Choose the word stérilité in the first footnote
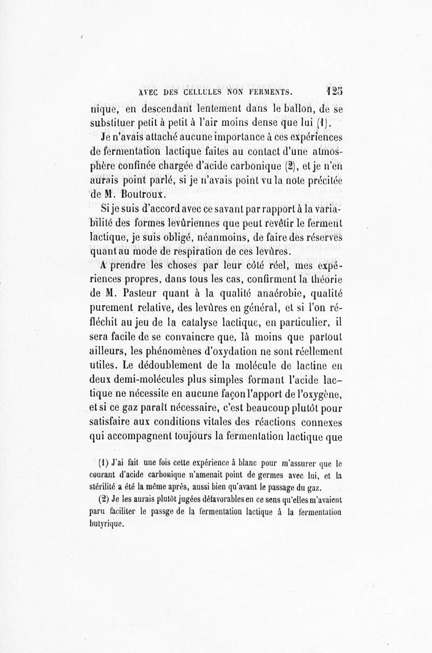tap(107, 489)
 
